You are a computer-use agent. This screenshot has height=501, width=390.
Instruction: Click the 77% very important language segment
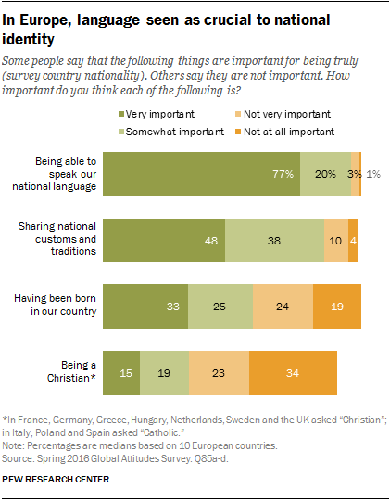tap(201, 172)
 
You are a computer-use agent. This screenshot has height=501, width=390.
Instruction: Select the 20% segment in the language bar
tap(325, 172)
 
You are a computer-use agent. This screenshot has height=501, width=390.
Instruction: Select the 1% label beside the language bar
tap(371, 173)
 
